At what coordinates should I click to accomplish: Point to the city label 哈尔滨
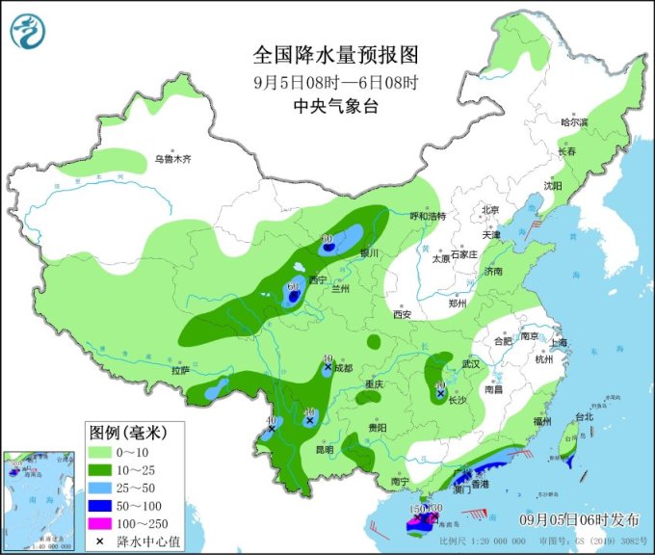point(574,122)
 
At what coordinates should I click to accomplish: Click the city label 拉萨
point(181,371)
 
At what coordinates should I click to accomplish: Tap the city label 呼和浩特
point(429,217)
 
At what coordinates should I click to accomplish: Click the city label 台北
point(585,417)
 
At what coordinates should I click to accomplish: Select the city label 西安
point(402,314)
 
